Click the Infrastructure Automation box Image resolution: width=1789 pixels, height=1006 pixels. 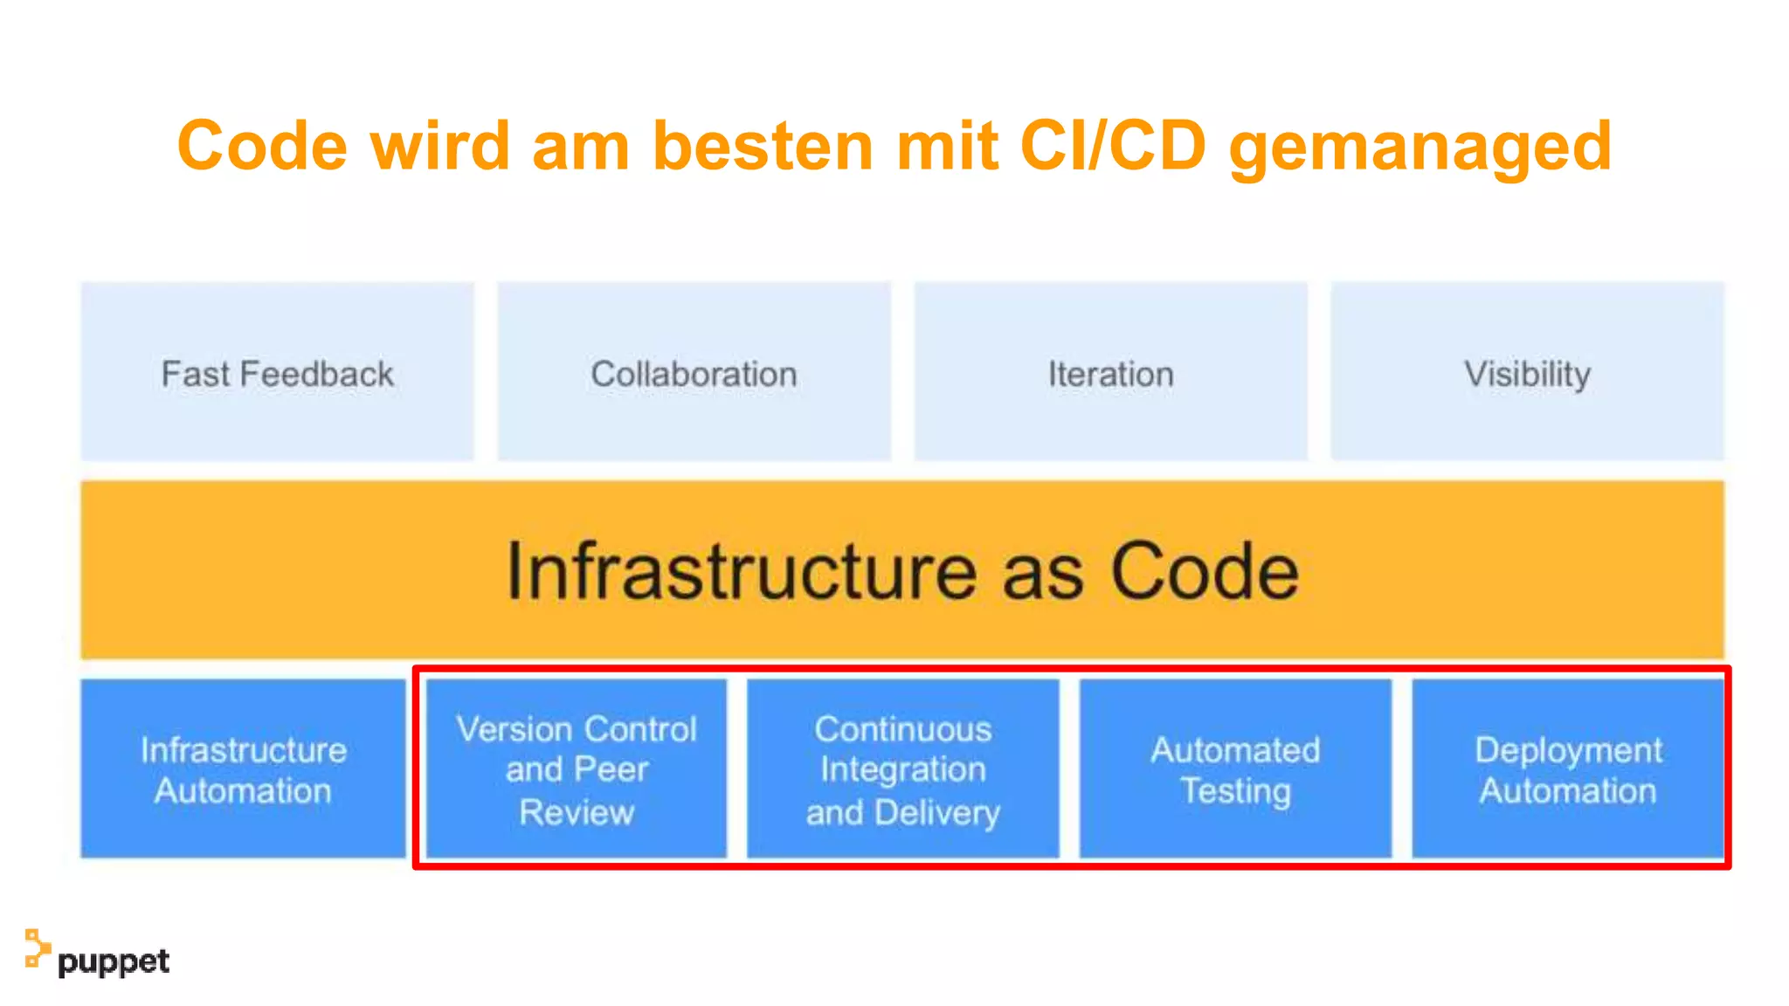coord(243,768)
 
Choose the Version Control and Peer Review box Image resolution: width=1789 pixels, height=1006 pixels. coord(577,768)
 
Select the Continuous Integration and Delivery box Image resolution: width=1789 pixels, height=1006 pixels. coord(903,768)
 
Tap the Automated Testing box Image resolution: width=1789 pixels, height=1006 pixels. coord(1235,768)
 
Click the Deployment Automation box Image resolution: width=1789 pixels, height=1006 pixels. coord(1568,768)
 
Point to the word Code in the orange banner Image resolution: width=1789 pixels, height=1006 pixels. coord(1205,572)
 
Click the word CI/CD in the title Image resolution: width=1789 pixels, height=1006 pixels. coord(1113,146)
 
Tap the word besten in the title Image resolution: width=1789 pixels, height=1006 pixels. coord(763,146)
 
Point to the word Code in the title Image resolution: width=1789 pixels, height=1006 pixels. coord(262,146)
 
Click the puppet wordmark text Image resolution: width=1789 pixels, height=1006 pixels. coord(114,961)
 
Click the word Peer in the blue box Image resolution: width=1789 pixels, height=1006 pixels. coord(611,769)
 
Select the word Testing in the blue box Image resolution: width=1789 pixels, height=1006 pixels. coord(1235,791)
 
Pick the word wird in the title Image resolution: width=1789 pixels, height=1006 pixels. coord(439,146)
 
